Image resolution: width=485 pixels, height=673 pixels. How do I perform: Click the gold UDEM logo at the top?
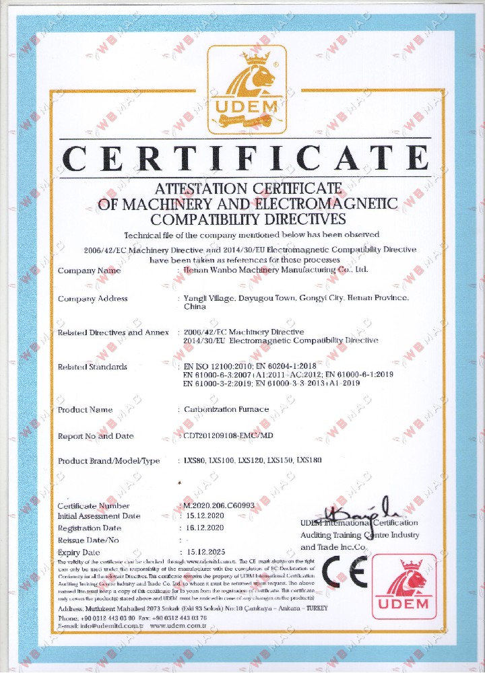247,90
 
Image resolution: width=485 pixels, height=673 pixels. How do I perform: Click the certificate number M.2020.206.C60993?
219,505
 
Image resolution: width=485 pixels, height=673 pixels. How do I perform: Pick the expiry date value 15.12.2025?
207,552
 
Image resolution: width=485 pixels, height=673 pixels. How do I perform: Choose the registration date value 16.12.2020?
207,528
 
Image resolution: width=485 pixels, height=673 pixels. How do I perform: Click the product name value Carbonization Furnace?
226,409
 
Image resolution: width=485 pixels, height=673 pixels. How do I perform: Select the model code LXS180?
309,461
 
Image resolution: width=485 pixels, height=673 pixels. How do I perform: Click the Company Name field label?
90,271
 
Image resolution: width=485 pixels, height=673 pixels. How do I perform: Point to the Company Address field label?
93,299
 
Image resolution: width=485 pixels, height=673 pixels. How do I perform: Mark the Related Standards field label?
92,367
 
